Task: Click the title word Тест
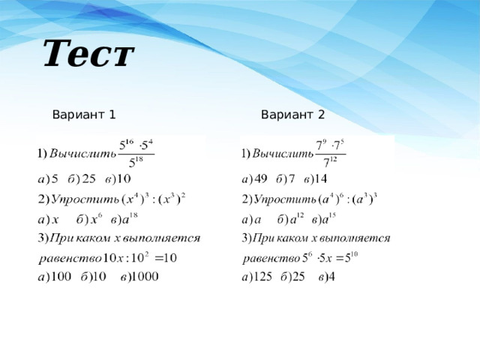(x=88, y=53)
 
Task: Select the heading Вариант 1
(x=84, y=115)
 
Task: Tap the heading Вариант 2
(x=293, y=115)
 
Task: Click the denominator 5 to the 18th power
(x=136, y=162)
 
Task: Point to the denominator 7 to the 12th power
(x=330, y=161)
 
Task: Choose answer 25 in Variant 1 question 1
(x=88, y=178)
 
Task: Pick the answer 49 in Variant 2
(x=261, y=178)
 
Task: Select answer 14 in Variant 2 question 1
(x=320, y=178)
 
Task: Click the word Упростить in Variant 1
(x=85, y=199)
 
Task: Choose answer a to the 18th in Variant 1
(x=130, y=218)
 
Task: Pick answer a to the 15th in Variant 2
(x=328, y=218)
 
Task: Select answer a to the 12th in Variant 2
(x=297, y=218)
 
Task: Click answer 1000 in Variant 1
(x=145, y=277)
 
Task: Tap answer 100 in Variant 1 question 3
(x=60, y=277)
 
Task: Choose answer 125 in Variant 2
(x=262, y=277)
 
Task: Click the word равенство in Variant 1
(x=70, y=259)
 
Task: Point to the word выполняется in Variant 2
(x=355, y=238)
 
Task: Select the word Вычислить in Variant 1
(x=83, y=153)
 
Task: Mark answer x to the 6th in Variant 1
(x=96, y=218)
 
